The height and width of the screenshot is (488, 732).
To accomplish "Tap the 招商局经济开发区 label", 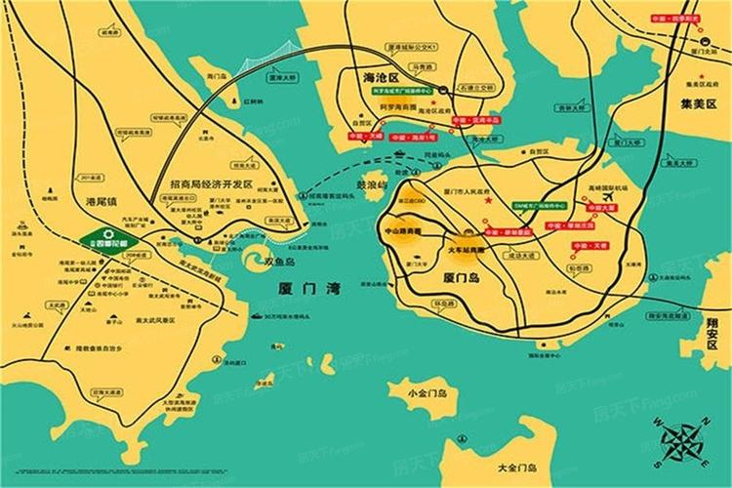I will click(211, 183).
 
